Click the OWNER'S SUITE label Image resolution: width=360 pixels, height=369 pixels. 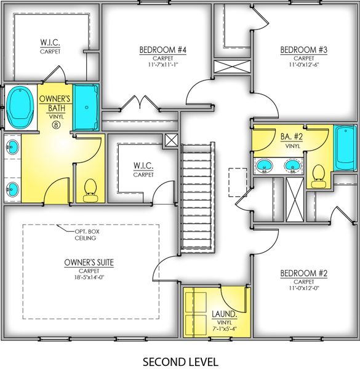pyautogui.click(x=89, y=263)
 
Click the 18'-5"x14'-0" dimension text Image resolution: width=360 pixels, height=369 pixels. pyautogui.click(x=89, y=277)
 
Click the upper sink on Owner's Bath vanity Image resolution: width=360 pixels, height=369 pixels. pyautogui.click(x=12, y=147)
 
